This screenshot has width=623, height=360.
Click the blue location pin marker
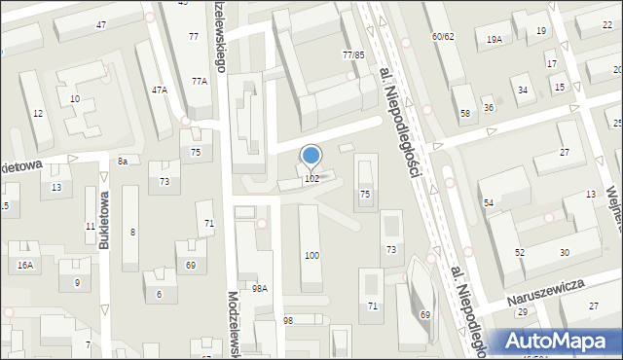pos(311,156)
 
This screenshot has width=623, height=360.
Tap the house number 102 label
pos(311,179)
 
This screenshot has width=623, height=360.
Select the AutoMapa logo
pos(560,342)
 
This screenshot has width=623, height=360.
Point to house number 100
pos(311,255)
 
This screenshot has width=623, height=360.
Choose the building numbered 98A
pos(260,288)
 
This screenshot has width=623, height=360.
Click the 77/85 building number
pos(353,55)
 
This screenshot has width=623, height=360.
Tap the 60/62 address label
pos(443,36)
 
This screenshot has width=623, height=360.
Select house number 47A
pos(159,90)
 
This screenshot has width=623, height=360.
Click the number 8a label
pos(123,161)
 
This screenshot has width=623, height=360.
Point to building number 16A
pos(25,265)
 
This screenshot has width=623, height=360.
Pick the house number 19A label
pos(495,39)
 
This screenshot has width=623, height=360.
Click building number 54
pos(489,202)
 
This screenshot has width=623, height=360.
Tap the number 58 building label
pos(465,114)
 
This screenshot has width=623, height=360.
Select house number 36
pos(489,107)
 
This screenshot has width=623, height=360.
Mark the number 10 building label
pos(75,99)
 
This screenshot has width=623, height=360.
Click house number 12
pos(37,114)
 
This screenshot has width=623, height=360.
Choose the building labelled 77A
pos(199,82)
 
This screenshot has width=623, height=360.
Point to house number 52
pos(520,252)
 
